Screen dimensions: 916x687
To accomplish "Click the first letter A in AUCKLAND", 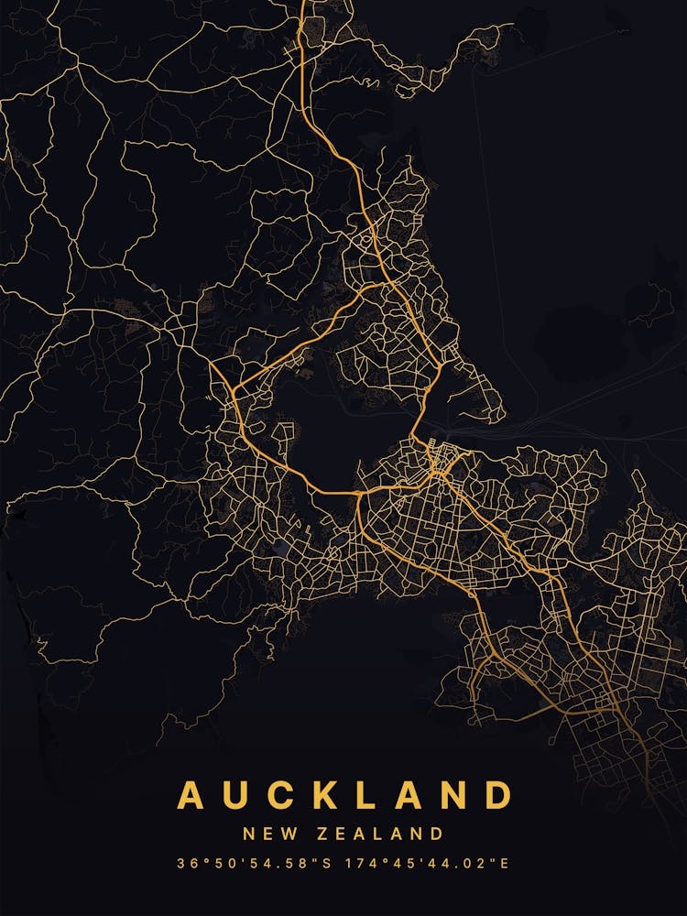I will coord(191,794).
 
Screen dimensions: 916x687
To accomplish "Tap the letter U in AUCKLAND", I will coord(238,794).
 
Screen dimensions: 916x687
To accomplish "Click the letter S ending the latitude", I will coord(333,863).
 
